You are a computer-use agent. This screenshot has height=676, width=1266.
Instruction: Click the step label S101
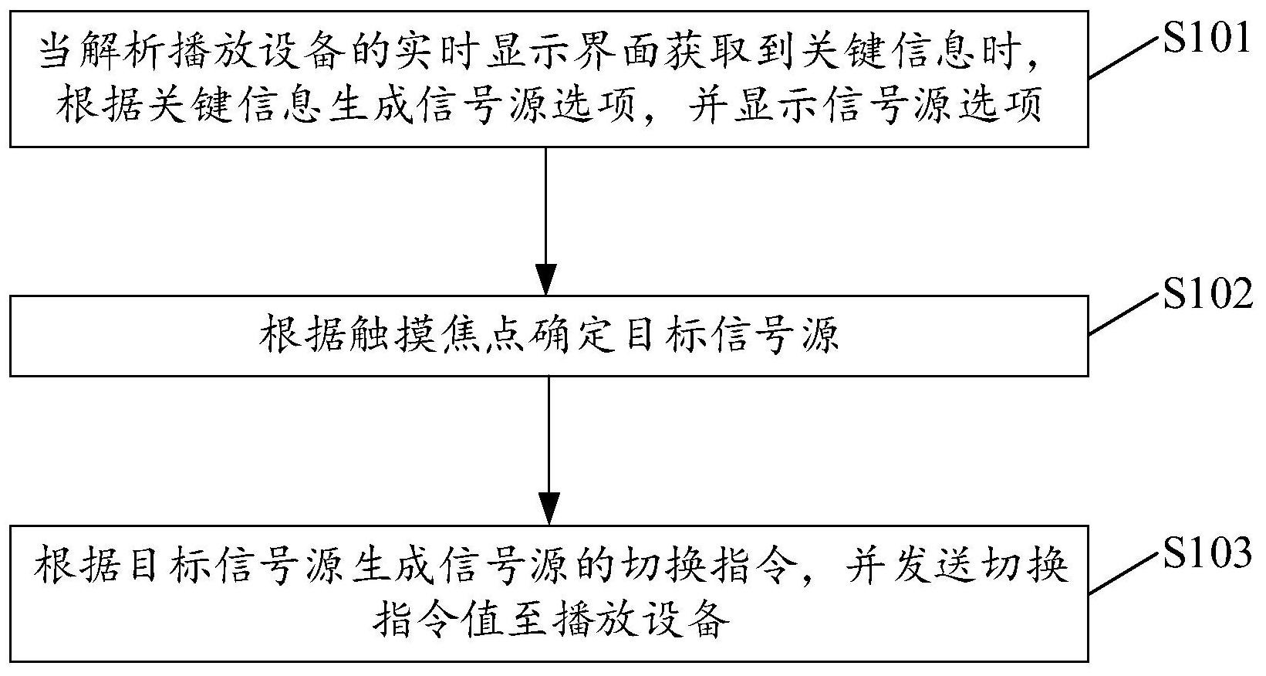(x=1206, y=39)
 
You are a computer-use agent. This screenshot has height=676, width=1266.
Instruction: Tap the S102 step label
(x=1207, y=294)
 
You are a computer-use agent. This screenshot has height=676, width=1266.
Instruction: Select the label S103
(x=1207, y=553)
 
